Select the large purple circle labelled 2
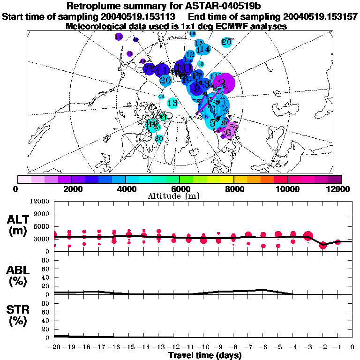coord(223,83)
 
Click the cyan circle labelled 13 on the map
coord(172,103)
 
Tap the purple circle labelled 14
coord(118,37)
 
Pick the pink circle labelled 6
coord(229,132)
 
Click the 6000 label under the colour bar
coord(180,189)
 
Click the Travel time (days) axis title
coord(205,355)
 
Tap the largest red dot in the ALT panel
coord(308,236)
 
